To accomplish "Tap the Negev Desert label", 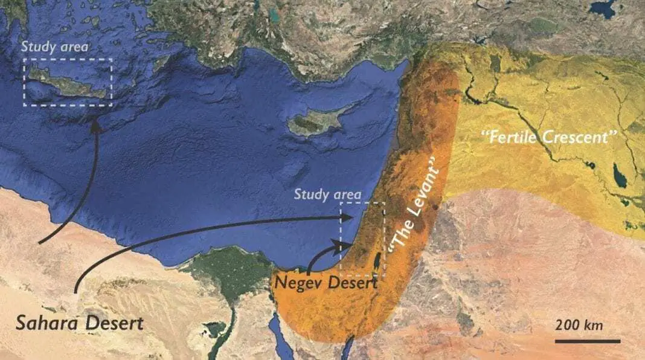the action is pos(326,281).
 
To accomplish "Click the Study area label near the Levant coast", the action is pos(327,194).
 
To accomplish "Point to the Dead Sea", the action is pos(377,261).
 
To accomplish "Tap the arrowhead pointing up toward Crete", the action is pos(95,124).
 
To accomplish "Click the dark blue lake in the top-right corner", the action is pos(602,8).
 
